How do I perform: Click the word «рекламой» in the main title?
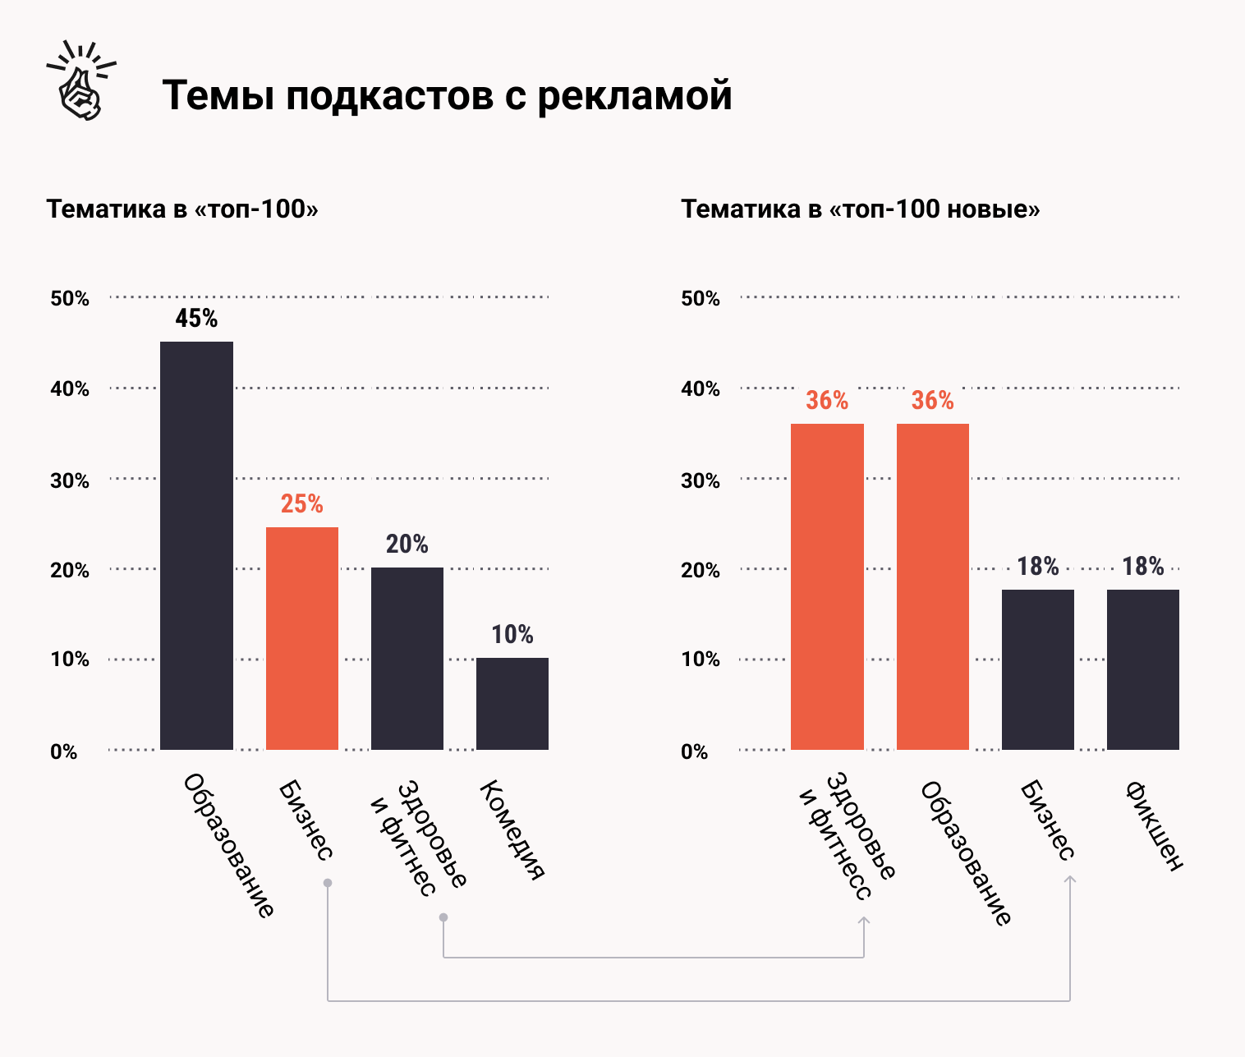(x=635, y=95)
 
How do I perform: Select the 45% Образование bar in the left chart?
(x=196, y=545)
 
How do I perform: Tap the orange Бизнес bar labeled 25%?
(x=301, y=637)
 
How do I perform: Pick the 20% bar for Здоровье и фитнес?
(x=407, y=658)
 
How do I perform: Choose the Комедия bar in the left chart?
(x=512, y=703)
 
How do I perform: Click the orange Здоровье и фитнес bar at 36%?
(x=827, y=586)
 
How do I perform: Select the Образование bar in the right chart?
(x=932, y=586)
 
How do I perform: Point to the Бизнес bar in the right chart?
(x=1037, y=669)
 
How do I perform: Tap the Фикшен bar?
(x=1142, y=669)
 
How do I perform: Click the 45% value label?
(x=196, y=319)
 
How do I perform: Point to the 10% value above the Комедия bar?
(x=512, y=635)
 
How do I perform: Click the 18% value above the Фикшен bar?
(x=1142, y=567)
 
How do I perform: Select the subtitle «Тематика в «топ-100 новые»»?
(x=860, y=209)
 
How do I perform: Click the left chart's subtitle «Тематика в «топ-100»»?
(x=182, y=209)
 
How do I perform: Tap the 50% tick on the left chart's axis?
(x=69, y=298)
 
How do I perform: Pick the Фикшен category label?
(x=1154, y=825)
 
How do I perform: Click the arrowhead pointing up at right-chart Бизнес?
(x=1069, y=880)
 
